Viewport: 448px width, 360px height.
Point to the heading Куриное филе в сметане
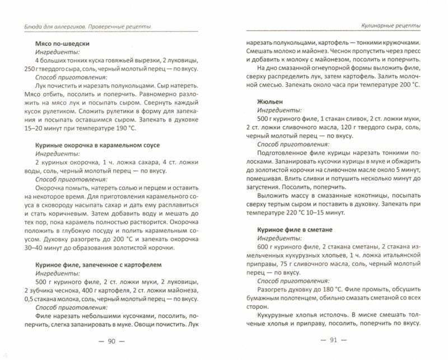coord(289,230)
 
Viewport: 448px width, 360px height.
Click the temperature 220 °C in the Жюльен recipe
coord(287,213)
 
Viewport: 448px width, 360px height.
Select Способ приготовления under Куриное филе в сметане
coord(291,281)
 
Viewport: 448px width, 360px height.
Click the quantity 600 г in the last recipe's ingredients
coord(264,249)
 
